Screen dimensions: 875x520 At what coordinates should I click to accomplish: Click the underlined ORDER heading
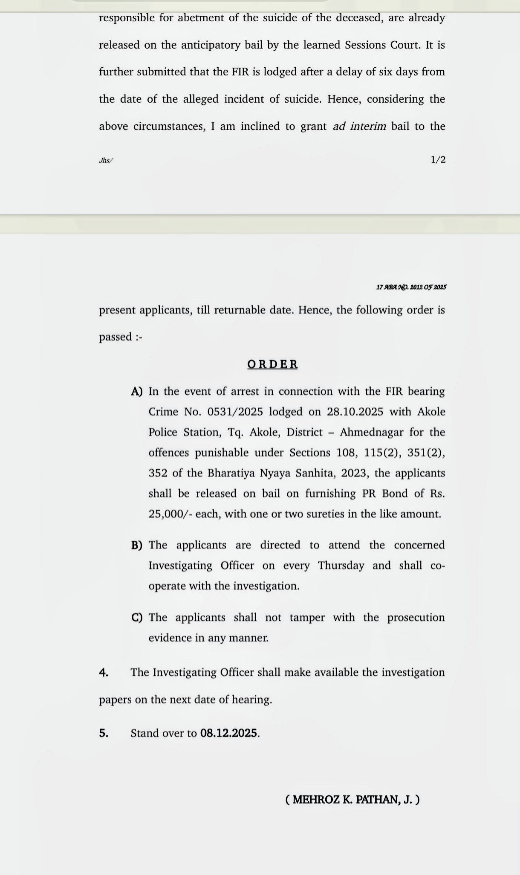click(272, 364)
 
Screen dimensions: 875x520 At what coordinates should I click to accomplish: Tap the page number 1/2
click(438, 160)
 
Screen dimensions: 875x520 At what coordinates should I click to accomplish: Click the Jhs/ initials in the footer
click(106, 161)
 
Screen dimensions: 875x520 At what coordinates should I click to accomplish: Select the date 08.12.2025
click(229, 733)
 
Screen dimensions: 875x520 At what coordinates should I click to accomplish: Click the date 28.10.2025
click(355, 412)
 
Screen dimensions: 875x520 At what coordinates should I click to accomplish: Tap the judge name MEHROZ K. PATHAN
click(352, 800)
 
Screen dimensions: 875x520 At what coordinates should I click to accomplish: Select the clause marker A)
click(137, 392)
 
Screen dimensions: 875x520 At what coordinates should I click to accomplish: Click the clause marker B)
click(137, 545)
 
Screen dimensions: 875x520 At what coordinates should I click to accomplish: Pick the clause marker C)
click(137, 618)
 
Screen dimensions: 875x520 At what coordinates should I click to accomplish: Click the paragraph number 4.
click(104, 673)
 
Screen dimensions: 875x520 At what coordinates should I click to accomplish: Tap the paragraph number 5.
click(104, 733)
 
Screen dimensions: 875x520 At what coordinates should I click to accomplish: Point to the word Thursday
click(341, 565)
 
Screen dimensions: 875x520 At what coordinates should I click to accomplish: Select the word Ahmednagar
click(371, 432)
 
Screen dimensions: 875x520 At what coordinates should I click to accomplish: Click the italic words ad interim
click(359, 126)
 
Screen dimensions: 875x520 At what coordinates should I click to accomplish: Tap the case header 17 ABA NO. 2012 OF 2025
click(411, 287)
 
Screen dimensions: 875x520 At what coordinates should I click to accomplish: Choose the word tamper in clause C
click(307, 617)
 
